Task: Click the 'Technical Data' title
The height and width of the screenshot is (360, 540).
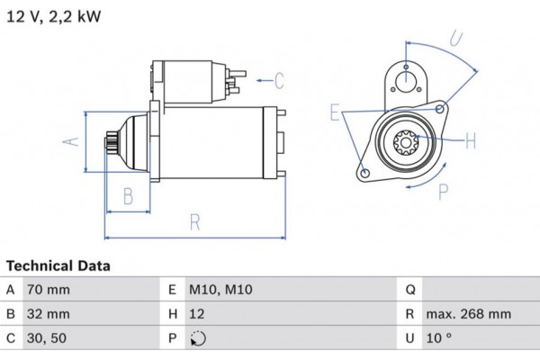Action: (58, 266)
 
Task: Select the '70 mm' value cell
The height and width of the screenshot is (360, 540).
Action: (50, 290)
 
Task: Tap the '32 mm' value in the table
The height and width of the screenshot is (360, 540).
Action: (50, 314)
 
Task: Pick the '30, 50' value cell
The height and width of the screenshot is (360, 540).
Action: (47, 338)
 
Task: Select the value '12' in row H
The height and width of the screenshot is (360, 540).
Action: (197, 314)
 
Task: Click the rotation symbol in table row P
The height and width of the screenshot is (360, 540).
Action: (198, 339)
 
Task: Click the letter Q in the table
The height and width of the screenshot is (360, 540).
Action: (410, 290)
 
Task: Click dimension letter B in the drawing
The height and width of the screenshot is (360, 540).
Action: (128, 195)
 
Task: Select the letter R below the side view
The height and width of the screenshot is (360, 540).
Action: (194, 223)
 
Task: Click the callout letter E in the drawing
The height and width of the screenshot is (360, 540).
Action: (335, 112)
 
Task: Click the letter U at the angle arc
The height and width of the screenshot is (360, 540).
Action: (456, 38)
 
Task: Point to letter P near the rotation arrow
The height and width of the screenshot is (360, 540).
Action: (442, 191)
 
